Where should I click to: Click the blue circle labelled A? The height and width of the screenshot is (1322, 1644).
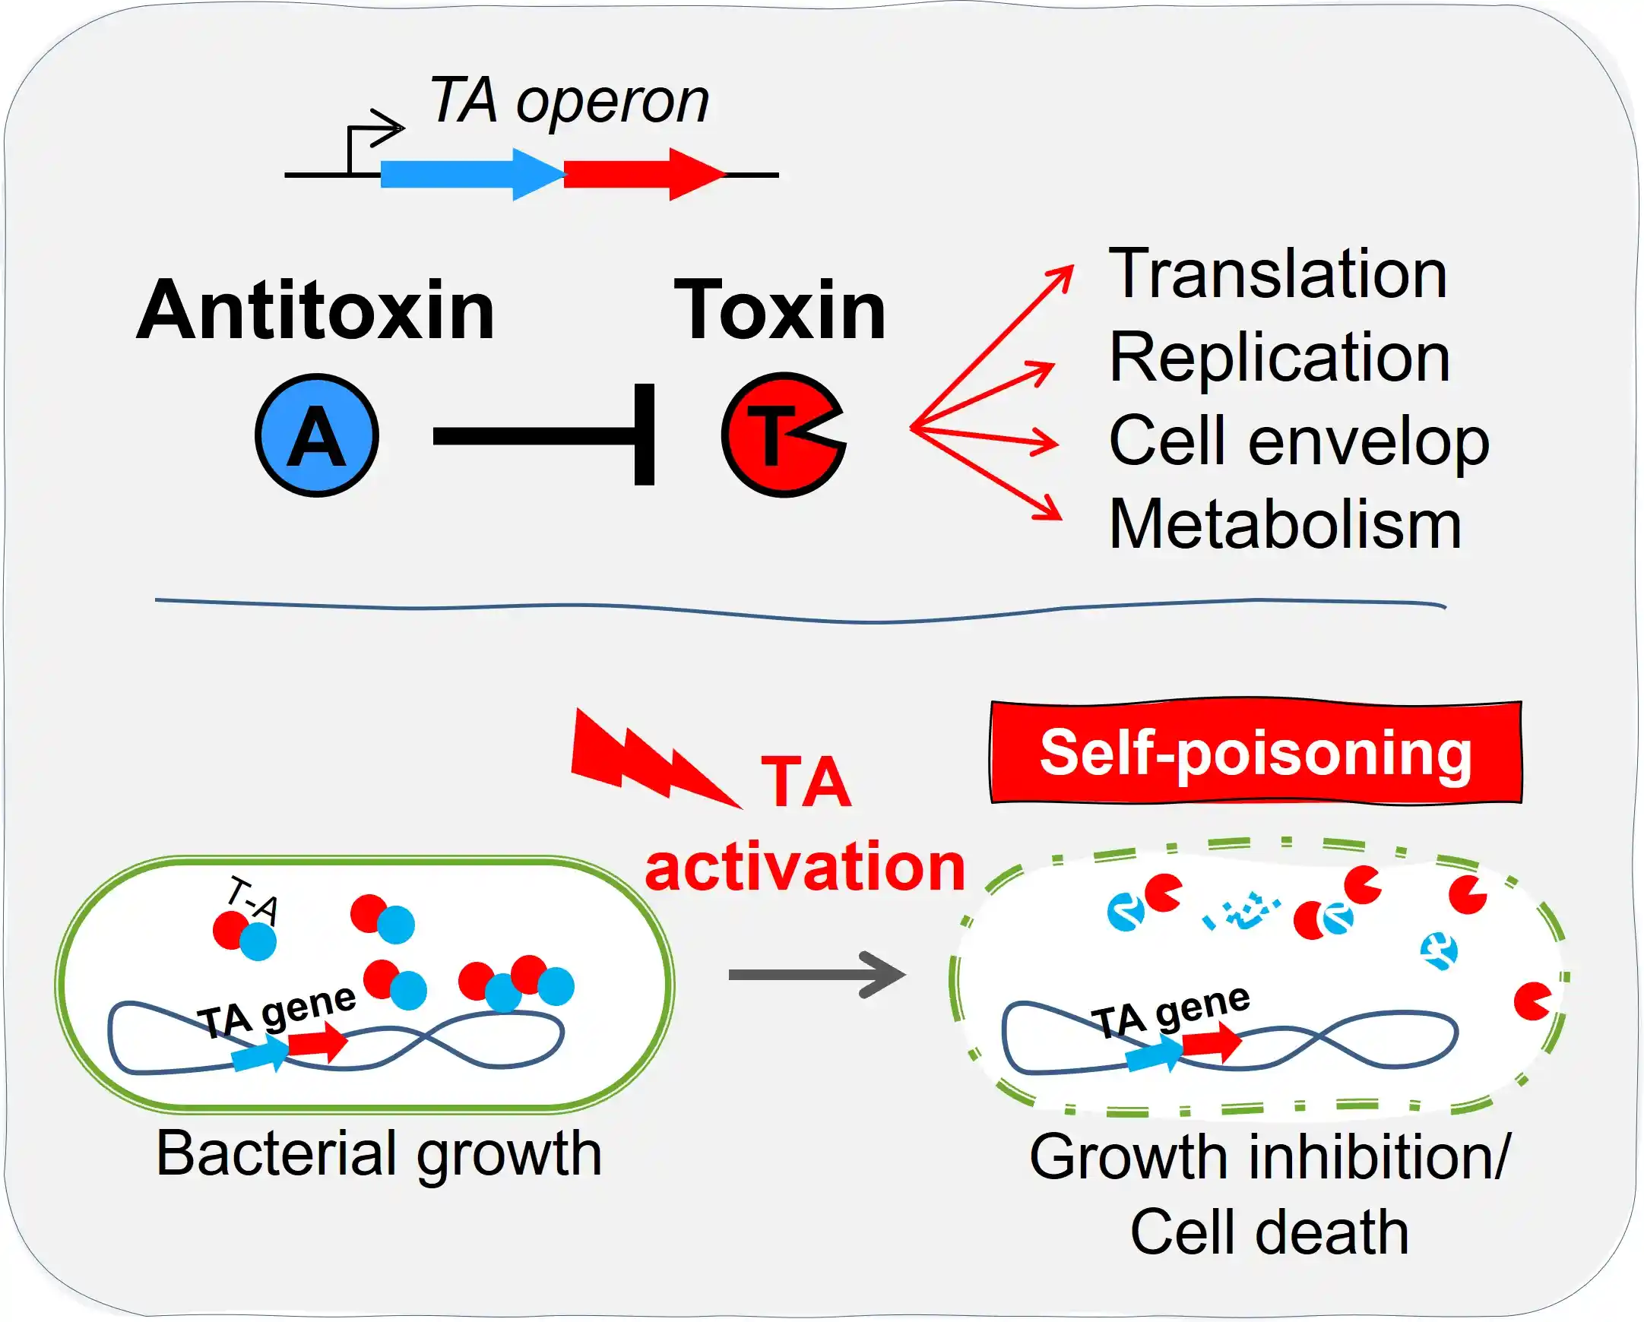tap(316, 435)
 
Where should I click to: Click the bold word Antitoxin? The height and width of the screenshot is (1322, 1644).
tap(315, 310)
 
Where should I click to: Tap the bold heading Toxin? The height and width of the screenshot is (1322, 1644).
tap(779, 310)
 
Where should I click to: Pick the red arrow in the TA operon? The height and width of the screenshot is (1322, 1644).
tap(641, 175)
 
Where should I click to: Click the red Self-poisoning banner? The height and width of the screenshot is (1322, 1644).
tap(1255, 752)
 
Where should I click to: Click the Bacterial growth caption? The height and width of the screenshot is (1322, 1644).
tap(379, 1153)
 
